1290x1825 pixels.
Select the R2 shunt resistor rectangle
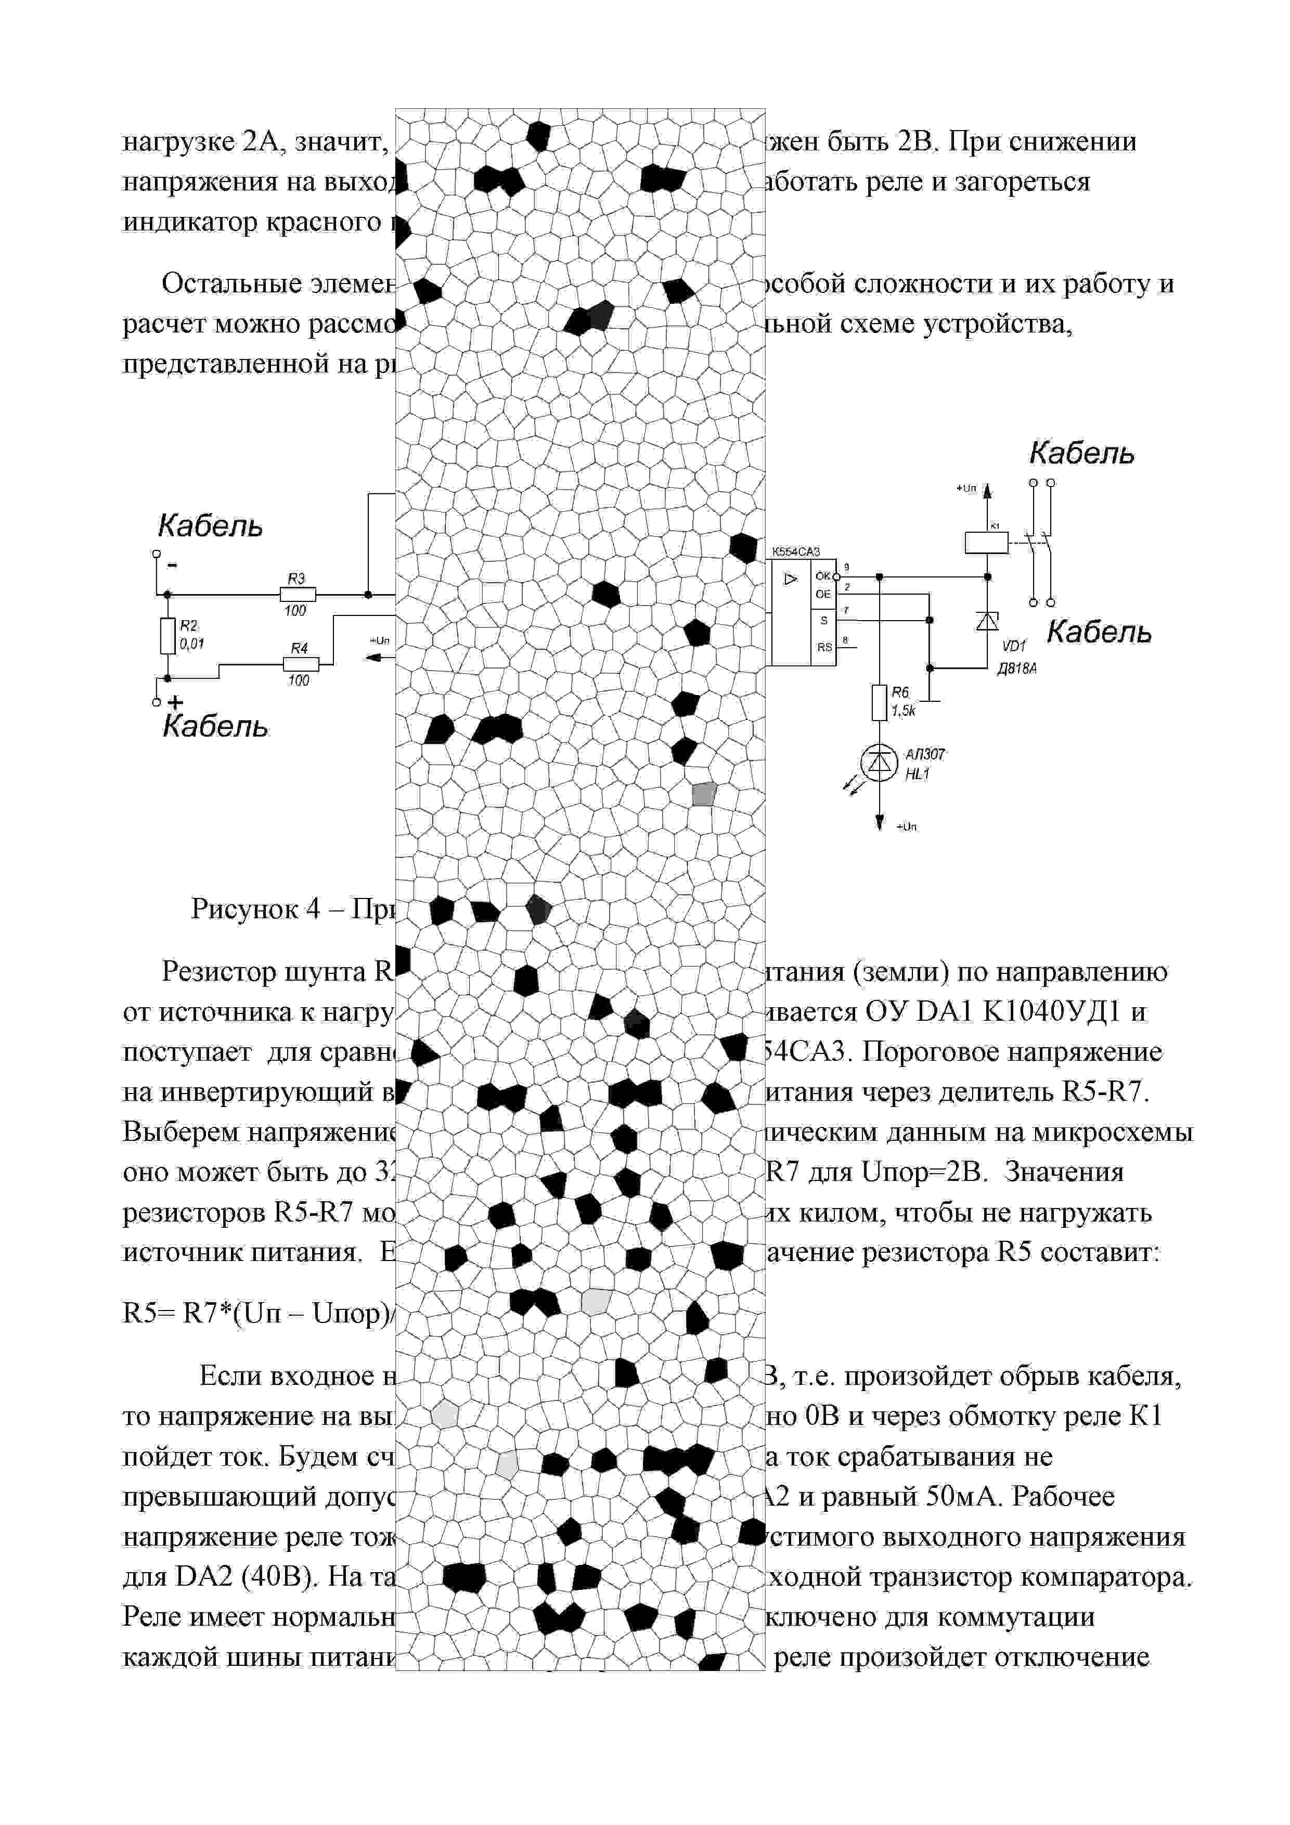[x=167, y=635]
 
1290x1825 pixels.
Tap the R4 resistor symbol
[x=301, y=664]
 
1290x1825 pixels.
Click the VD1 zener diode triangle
[x=987, y=620]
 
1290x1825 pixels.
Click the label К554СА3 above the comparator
[x=796, y=551]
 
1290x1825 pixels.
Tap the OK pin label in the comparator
[x=823, y=575]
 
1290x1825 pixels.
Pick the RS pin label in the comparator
[x=824, y=647]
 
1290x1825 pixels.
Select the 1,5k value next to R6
[x=903, y=711]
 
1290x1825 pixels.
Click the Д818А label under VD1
[x=1017, y=669]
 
